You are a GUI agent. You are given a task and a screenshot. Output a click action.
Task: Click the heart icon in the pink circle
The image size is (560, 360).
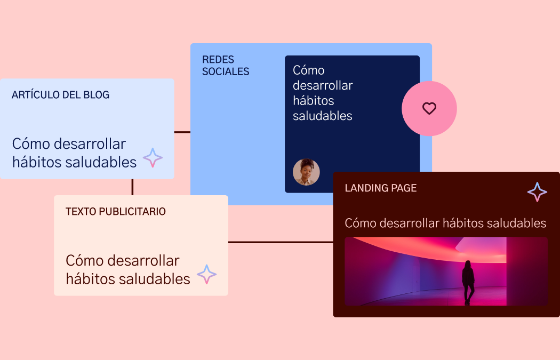pos(429,108)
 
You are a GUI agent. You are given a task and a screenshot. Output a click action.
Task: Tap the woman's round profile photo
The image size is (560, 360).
pos(306,172)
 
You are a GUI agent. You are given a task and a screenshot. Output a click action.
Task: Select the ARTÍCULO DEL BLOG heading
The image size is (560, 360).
pos(60,94)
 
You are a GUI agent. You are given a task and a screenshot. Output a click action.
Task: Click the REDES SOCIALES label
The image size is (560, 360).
pos(226,66)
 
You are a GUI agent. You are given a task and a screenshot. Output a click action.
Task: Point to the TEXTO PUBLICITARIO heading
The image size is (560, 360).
pos(115,211)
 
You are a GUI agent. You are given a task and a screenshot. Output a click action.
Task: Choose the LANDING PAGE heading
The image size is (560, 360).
pos(381,188)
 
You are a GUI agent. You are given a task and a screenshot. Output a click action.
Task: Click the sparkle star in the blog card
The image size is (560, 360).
pos(153,157)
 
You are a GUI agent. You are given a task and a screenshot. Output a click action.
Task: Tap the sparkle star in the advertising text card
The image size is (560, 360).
pos(207,274)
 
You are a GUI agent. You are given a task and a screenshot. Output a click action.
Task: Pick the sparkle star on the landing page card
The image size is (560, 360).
pos(537,192)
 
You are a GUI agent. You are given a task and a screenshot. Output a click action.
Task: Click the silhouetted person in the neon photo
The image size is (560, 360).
pos(468,283)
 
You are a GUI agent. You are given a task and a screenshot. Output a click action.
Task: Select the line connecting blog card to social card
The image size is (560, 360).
pos(182,132)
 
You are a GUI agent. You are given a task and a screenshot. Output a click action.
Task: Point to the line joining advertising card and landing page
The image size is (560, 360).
pos(281,242)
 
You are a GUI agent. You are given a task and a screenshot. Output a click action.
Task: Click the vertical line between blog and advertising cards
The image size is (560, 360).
pos(132,187)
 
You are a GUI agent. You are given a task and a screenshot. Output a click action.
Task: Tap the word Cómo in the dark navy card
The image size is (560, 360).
pos(309,70)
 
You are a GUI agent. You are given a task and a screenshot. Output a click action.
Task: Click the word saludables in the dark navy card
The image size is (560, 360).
pos(323,116)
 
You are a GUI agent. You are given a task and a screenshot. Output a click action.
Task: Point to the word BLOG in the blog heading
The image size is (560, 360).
pos(97,94)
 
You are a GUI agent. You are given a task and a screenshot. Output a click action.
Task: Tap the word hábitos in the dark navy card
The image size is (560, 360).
pos(313,100)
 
